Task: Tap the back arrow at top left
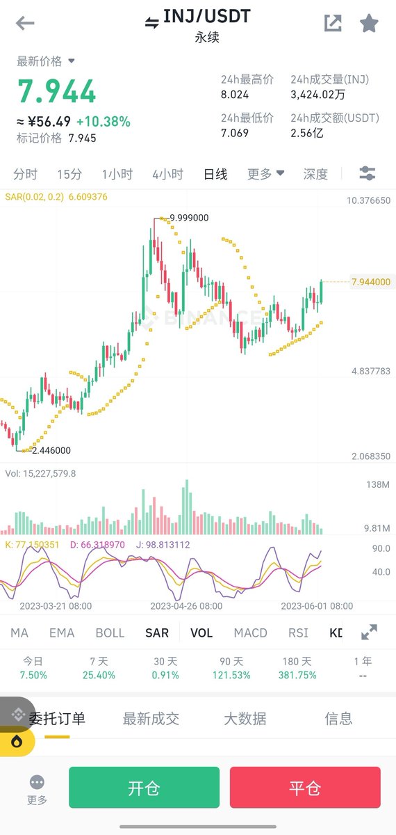[25, 24]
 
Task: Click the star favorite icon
[369, 24]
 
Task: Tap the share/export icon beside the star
[333, 24]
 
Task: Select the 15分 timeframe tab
[69, 174]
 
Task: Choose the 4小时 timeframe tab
[167, 174]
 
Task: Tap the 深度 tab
[315, 174]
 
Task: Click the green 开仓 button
[144, 788]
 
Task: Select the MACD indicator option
[250, 633]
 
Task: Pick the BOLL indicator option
[110, 633]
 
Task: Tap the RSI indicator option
[298, 633]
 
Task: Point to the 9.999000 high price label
[189, 218]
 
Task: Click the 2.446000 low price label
[51, 450]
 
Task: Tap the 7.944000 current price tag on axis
[371, 282]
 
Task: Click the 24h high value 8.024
[235, 94]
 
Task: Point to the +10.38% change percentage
[104, 122]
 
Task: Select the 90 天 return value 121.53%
[231, 675]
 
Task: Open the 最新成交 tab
[151, 719]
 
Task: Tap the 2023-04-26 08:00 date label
[186, 606]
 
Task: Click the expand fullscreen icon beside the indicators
[370, 633]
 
